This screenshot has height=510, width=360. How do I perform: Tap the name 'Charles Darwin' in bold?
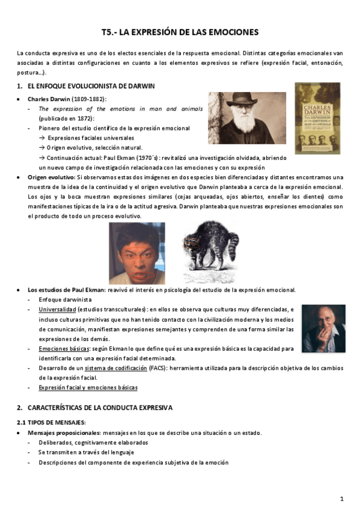[49, 99]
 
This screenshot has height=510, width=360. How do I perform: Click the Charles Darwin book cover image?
[317, 118]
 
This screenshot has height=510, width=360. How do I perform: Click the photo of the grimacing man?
[136, 253]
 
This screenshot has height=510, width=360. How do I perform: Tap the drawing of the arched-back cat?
[210, 251]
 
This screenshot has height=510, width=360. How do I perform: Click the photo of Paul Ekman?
[323, 328]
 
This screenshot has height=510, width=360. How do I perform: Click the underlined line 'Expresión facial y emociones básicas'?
[88, 388]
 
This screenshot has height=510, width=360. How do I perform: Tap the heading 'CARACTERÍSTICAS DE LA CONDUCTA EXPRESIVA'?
[100, 408]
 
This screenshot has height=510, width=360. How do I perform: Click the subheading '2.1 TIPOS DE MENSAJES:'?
[51, 423]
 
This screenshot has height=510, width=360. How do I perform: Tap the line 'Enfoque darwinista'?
[64, 300]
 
